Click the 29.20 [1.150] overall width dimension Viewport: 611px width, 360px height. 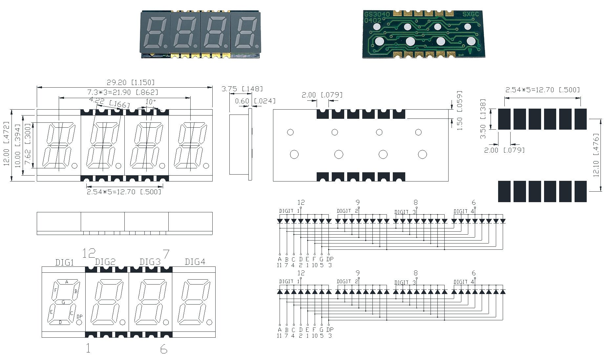[x=130, y=82]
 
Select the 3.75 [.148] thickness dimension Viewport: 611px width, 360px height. [x=242, y=89]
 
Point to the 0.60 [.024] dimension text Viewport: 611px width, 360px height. [x=255, y=101]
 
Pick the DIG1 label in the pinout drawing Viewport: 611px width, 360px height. [x=64, y=263]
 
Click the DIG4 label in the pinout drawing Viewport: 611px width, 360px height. [x=195, y=262]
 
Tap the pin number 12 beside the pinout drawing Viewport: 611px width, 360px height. [x=89, y=253]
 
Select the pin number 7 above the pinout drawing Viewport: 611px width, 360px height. [x=166, y=254]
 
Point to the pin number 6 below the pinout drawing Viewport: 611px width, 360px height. [x=164, y=349]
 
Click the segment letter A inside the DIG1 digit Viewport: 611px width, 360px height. [x=67, y=282]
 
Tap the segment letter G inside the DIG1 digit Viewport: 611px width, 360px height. [x=63, y=302]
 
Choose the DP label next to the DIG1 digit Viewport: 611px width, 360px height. [x=79, y=316]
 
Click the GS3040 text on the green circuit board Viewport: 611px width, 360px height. [x=377, y=14]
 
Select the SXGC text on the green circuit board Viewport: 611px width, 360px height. [x=470, y=14]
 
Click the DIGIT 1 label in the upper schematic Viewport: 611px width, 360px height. [x=289, y=211]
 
